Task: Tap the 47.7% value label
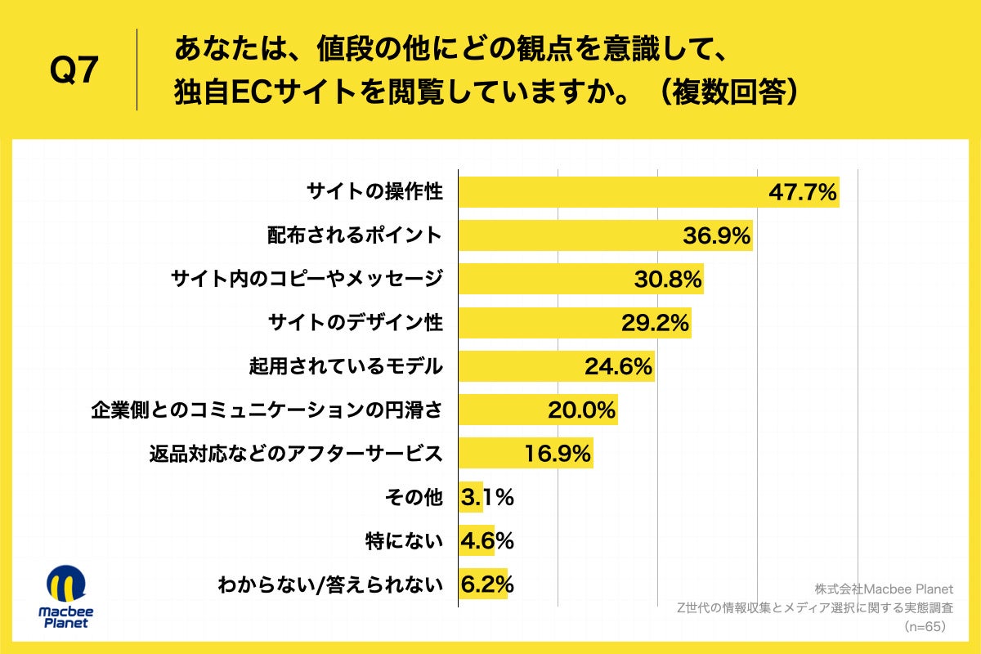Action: pyautogui.click(x=803, y=193)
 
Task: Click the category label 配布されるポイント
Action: pyautogui.click(x=355, y=236)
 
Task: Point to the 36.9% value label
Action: pyautogui.click(x=716, y=236)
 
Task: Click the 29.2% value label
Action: pyautogui.click(x=655, y=323)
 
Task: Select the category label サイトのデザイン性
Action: pyautogui.click(x=355, y=323)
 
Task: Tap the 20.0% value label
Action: pyautogui.click(x=581, y=410)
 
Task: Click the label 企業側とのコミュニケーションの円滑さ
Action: pyautogui.click(x=267, y=410)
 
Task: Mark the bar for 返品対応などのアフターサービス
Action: pyautogui.click(x=490, y=453)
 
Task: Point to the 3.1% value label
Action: pyautogui.click(x=487, y=496)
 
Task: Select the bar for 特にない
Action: pyautogui.click(x=477, y=540)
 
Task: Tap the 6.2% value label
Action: pyautogui.click(x=487, y=584)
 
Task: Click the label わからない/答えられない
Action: pyautogui.click(x=329, y=585)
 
